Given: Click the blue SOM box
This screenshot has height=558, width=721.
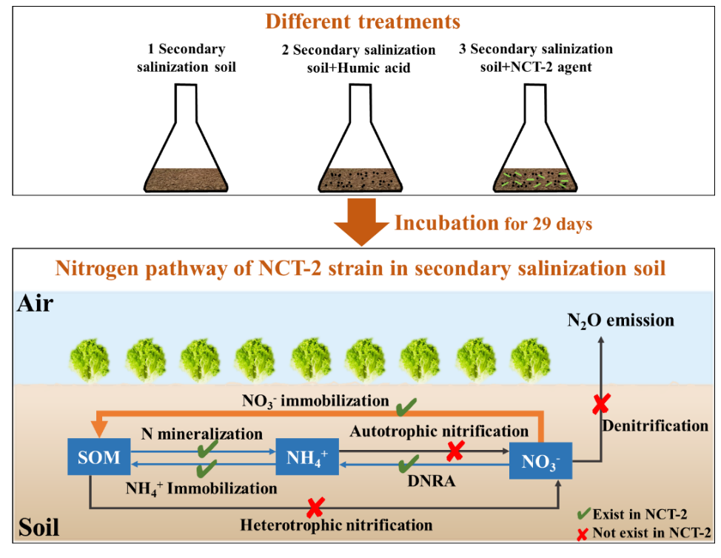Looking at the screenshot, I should coord(99,457).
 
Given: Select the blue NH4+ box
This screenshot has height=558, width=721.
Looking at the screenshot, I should coord(306,457).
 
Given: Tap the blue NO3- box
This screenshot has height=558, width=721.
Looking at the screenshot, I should coord(540,462).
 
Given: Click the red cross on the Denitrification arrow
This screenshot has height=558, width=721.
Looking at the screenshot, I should coord(600,404).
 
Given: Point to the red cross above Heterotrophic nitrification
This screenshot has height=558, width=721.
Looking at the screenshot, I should coord(315,508).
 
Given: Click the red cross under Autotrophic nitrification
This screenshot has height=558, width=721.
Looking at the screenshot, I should coord(455,449).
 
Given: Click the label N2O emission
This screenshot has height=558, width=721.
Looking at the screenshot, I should coord(620,320).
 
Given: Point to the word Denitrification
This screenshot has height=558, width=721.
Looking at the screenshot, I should coord(655,426).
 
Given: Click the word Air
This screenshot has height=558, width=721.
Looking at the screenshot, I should coord(35,303).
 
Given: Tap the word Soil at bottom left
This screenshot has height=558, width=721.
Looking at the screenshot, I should coord(38,528).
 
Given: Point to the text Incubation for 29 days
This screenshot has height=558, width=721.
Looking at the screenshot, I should coord(493,223).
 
